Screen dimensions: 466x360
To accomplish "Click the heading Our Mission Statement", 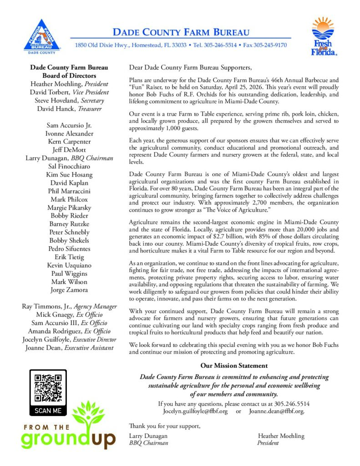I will [x=234, y=365].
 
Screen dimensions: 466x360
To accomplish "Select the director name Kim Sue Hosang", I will [x=69, y=174].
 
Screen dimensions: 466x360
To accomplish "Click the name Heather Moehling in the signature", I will [x=281, y=436].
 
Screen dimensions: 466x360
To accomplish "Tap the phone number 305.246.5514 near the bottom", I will [x=289, y=404].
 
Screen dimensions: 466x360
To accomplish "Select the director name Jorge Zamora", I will [x=69, y=290].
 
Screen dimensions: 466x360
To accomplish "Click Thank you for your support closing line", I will [x=164, y=426].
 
